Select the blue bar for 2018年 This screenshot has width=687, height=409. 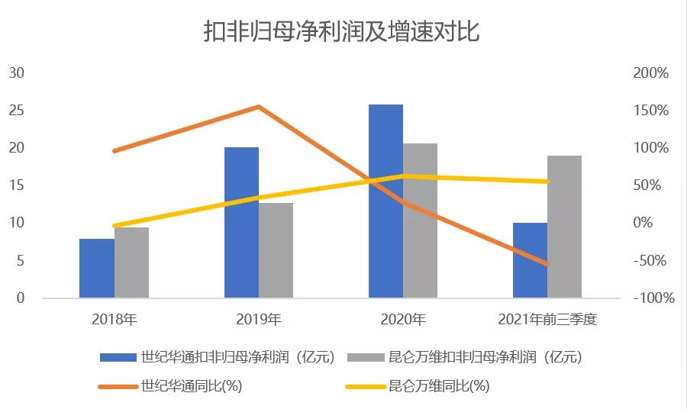[97, 268]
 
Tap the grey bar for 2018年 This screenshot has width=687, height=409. [131, 262]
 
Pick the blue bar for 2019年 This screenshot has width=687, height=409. [241, 222]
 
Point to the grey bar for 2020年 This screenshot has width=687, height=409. [420, 221]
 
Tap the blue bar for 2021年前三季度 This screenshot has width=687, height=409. [530, 259]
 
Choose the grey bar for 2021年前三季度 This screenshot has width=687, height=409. [564, 227]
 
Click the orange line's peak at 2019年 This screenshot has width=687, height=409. [259, 107]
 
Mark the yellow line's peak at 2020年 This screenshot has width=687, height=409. [403, 176]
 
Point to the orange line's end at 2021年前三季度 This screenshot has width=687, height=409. [547, 265]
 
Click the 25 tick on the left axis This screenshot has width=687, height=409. [17, 111]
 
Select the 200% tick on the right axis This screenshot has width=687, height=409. [650, 73]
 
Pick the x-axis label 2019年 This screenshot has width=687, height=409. [259, 320]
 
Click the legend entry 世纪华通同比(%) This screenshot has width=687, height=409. [191, 386]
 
